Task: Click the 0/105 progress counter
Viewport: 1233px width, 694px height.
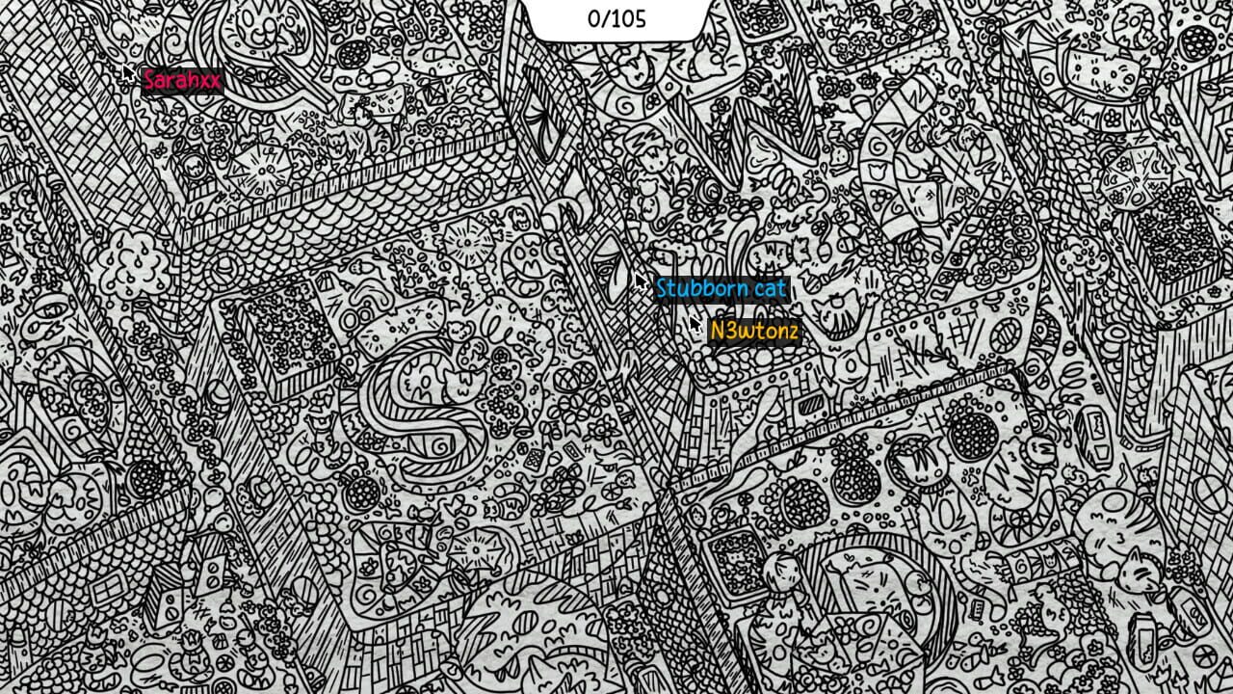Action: click(616, 19)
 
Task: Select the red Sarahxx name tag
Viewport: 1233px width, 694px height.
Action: click(181, 80)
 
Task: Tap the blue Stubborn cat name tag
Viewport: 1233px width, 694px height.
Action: click(721, 288)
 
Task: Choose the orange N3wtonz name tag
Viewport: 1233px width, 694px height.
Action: click(754, 332)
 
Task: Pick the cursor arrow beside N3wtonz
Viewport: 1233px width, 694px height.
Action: click(695, 324)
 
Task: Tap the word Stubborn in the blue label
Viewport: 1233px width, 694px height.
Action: click(702, 288)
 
